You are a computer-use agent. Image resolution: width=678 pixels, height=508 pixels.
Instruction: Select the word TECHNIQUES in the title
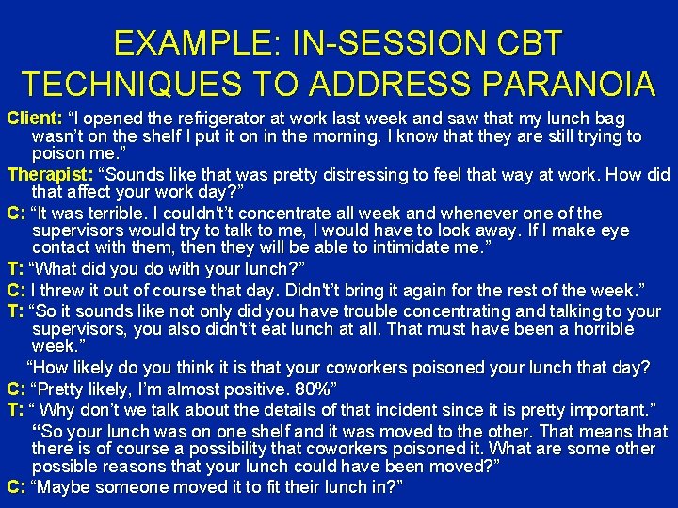[x=132, y=84]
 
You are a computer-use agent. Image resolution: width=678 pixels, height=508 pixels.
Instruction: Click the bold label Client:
[x=34, y=119]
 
